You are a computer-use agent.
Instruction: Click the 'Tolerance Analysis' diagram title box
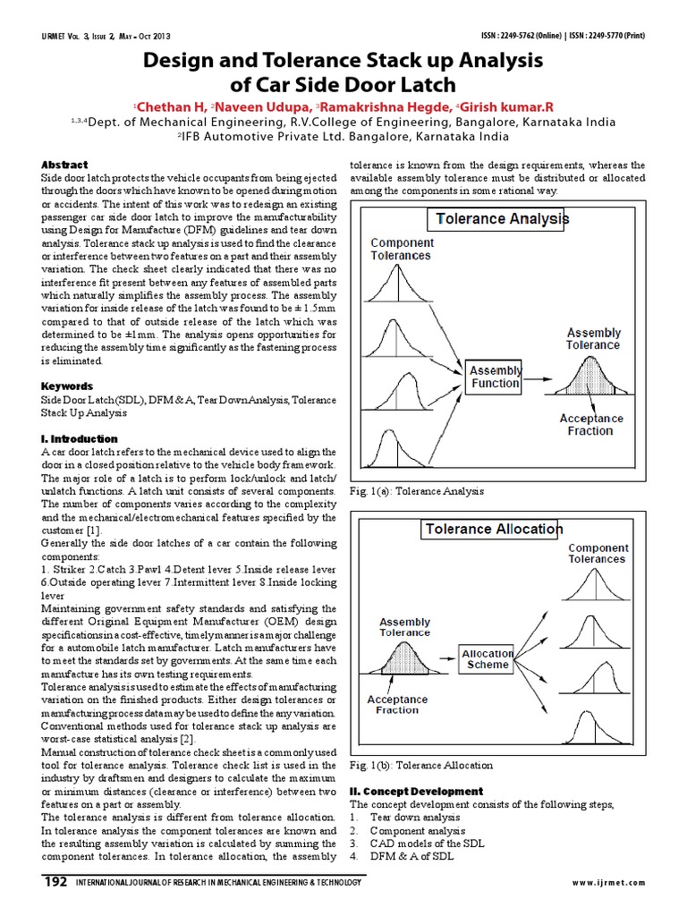[499, 217]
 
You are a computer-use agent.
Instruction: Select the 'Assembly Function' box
[495, 377]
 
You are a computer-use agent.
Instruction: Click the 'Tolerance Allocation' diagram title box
[492, 530]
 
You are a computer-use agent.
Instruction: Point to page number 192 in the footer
[55, 883]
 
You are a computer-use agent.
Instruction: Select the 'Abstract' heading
[64, 165]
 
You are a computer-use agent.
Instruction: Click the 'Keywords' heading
[67, 386]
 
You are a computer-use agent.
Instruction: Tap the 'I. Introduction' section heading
[80, 439]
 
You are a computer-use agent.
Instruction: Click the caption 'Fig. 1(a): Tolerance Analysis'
[416, 491]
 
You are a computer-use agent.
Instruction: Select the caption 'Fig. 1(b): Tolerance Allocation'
[420, 766]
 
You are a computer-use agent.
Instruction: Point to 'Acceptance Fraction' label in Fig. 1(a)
[590, 424]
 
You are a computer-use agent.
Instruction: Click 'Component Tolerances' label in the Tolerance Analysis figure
[402, 249]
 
